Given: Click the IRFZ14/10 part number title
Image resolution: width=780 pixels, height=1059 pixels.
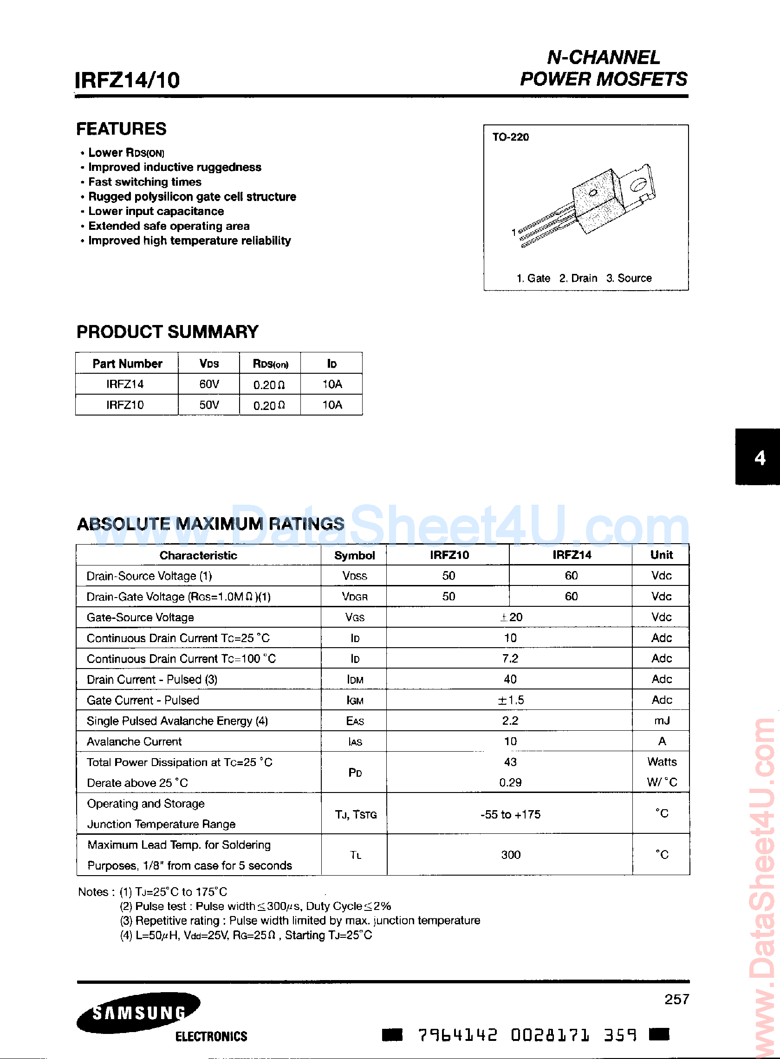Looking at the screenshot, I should click(128, 80).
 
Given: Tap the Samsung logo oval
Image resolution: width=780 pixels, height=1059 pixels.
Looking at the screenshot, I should click(138, 1012).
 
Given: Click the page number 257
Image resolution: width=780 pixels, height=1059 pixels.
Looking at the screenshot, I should click(676, 999).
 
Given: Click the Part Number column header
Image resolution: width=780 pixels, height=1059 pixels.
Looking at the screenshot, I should click(127, 364).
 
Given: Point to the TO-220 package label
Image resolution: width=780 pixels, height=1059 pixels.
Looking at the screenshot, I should click(510, 137).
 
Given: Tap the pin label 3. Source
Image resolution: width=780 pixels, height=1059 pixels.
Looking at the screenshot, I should click(629, 279).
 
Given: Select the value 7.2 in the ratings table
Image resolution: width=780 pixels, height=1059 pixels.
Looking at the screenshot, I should click(510, 659).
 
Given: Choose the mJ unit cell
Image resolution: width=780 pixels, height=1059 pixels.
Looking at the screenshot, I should click(662, 721).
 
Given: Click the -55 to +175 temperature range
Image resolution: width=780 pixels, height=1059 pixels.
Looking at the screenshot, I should click(510, 814).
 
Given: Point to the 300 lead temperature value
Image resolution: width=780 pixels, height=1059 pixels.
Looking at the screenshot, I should click(510, 855).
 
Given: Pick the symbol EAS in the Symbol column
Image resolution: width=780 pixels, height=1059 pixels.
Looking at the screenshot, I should click(355, 721).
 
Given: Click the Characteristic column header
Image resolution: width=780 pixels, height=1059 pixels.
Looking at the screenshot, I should click(198, 556).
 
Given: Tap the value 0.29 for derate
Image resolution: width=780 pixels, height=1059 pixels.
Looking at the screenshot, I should click(510, 783).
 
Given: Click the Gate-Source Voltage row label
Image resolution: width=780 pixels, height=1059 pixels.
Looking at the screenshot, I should click(140, 617).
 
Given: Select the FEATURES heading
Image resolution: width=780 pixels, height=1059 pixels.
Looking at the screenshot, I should click(121, 129).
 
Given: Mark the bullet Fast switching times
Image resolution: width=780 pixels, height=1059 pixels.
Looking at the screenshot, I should click(144, 182).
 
